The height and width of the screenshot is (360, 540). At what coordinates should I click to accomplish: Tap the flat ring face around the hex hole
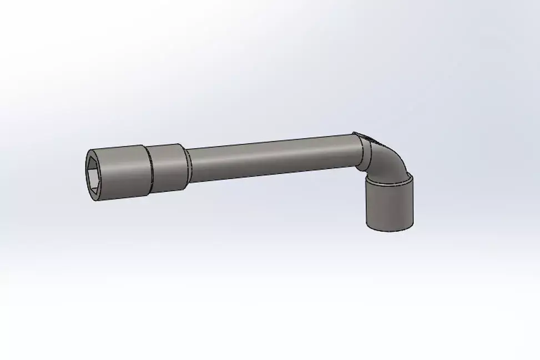pyautogui.click(x=89, y=160)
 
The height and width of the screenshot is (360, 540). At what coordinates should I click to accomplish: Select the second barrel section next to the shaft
pyautogui.click(x=166, y=168)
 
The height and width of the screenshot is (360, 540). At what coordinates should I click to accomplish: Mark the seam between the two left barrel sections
pyautogui.click(x=149, y=170)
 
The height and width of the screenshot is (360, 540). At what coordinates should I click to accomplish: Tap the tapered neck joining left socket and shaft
pyautogui.click(x=188, y=165)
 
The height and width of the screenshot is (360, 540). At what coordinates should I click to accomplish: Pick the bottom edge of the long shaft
pyautogui.click(x=272, y=176)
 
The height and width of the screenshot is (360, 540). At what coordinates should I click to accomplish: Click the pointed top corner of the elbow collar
pyautogui.click(x=354, y=133)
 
